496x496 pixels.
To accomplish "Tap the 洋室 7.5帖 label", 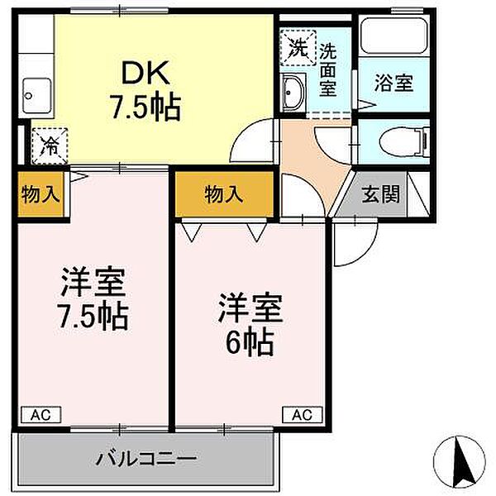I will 92,298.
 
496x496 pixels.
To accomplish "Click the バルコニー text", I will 145,457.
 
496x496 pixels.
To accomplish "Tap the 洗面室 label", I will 328,70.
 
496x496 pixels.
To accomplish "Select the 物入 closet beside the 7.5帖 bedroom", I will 41,196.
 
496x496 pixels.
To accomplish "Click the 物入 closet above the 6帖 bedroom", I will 223,195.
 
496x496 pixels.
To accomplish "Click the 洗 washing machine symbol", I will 297,45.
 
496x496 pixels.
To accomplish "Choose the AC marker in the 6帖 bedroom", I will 302,414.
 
